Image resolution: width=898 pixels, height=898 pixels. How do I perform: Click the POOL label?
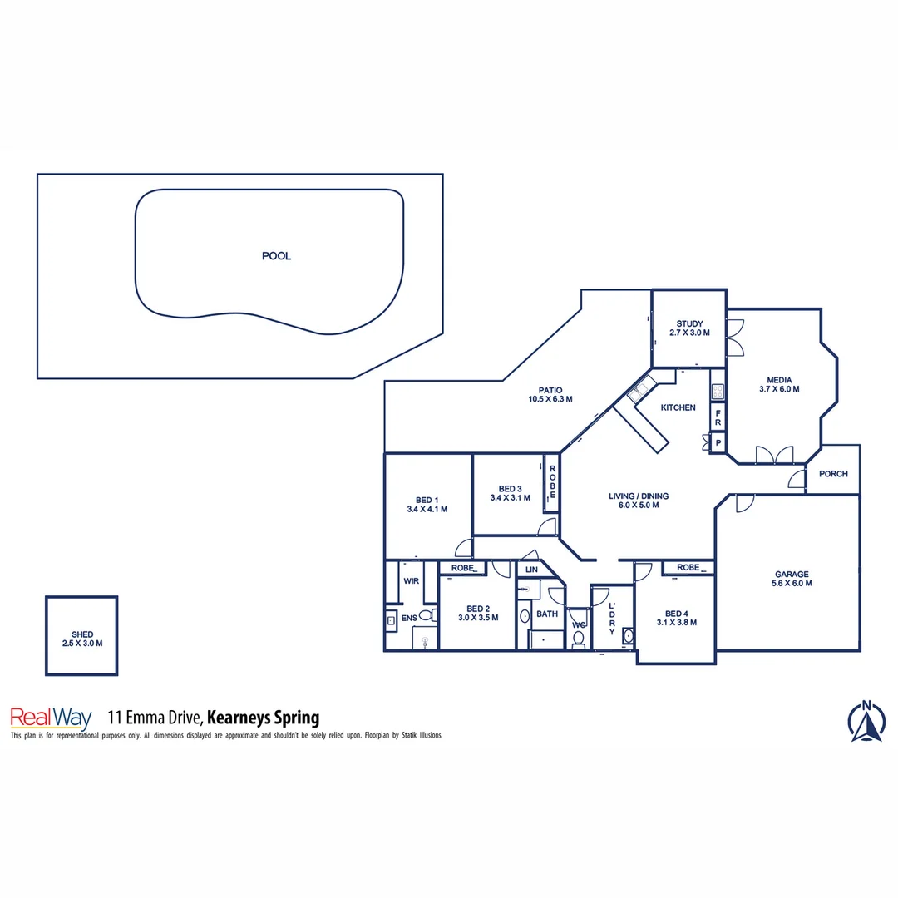pos(277,256)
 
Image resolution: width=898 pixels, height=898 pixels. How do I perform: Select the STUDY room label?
pos(689,324)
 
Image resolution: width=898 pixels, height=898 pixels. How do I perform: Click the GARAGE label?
pos(792,574)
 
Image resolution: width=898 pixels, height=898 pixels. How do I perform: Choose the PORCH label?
pos(833,474)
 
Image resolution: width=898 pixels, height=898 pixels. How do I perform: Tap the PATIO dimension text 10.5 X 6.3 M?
pos(550,399)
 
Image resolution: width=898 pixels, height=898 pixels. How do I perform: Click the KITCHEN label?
pos(678,407)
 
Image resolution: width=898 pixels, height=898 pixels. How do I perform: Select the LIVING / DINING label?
pos(638,496)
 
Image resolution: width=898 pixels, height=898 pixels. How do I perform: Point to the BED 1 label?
pos(427,499)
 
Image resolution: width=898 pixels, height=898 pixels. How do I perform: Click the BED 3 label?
pos(510,489)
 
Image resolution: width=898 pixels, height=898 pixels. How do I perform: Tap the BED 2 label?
pos(478,608)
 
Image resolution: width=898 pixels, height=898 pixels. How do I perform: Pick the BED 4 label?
pos(676,614)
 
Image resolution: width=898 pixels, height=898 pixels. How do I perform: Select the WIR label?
pos(411,581)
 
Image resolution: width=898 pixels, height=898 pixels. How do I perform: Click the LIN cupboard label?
pos(531,570)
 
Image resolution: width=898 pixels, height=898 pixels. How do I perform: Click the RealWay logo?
pos(50,718)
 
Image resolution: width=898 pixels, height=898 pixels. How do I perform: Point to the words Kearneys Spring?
pos(263,718)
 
